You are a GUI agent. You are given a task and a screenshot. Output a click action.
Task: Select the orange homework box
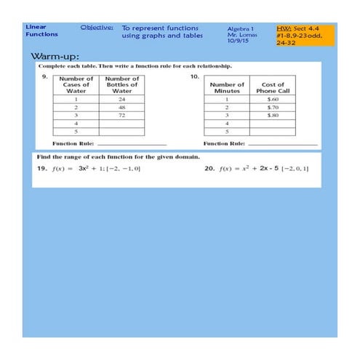pyautogui.click(x=305, y=34)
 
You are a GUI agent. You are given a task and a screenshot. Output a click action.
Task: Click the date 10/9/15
pyautogui.click(x=236, y=41)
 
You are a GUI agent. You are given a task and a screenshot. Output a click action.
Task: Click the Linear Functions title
pyautogui.click(x=37, y=31)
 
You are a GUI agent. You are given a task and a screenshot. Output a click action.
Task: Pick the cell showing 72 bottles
pyautogui.click(x=121, y=116)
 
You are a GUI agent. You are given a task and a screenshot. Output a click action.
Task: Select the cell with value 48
pyautogui.click(x=121, y=107)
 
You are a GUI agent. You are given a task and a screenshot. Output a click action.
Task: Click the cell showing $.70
pyautogui.click(x=273, y=107)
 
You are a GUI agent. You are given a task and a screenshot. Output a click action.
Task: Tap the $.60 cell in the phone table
pyautogui.click(x=273, y=99)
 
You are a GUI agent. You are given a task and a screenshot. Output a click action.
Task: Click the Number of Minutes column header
pyautogui.click(x=227, y=87)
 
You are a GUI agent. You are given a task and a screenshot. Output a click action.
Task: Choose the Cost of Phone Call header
pyautogui.click(x=273, y=87)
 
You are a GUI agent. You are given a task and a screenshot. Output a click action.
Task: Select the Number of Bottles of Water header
pyautogui.click(x=121, y=84)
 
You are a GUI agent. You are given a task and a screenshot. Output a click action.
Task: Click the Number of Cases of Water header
pyautogui.click(x=76, y=84)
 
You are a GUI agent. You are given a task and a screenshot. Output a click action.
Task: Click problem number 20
pyautogui.click(x=209, y=169)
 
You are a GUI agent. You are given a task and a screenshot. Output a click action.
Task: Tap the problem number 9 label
pyautogui.click(x=44, y=75)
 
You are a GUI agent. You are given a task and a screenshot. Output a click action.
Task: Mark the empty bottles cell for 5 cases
pyautogui.click(x=121, y=132)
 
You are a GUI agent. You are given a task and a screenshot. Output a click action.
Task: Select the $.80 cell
pyautogui.click(x=273, y=116)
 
